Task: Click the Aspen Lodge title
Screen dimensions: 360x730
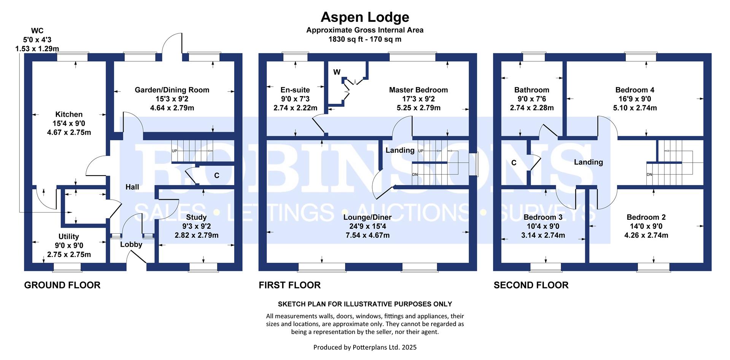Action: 365,17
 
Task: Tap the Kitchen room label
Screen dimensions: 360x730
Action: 69,114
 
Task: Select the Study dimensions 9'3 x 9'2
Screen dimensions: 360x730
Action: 196,227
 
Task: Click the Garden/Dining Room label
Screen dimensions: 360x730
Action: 172,90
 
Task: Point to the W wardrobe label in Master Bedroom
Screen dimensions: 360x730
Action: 337,72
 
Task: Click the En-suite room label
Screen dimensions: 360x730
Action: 295,90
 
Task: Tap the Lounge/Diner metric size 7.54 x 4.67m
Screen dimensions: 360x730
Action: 367,235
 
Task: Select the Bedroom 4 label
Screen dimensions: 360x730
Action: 635,90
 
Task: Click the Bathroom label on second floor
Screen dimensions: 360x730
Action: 532,90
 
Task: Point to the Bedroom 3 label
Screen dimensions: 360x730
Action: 543,217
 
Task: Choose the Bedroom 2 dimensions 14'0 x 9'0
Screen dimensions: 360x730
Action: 646,227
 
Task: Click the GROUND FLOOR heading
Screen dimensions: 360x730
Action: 62,285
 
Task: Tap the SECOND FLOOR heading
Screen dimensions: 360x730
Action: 531,285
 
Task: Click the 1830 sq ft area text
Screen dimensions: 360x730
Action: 365,39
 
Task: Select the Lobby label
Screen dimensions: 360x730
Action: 131,244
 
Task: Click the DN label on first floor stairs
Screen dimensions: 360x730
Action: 415,174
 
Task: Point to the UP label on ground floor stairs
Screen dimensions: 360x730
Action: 175,151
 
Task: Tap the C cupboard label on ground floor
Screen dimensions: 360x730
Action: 217,176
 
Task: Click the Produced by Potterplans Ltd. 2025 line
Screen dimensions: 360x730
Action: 365,347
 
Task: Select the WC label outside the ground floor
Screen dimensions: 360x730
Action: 37,31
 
